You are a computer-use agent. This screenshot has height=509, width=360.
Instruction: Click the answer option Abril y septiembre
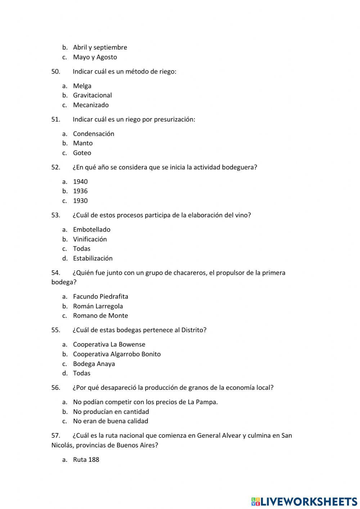tap(100, 47)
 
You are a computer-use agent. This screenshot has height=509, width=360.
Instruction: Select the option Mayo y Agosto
tap(95, 57)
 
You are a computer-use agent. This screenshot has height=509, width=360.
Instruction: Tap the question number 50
tap(56, 71)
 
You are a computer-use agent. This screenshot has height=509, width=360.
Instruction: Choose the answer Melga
tap(82, 86)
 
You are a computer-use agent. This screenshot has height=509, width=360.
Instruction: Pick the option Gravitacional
tap(92, 95)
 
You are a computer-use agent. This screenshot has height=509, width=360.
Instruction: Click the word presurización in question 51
tap(174, 119)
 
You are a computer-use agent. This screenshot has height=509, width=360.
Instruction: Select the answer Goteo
tap(82, 153)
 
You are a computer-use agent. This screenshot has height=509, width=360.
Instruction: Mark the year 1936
tap(80, 191)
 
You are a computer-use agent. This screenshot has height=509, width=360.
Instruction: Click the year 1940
tap(80, 182)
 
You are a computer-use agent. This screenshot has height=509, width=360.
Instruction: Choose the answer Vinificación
tap(90, 239)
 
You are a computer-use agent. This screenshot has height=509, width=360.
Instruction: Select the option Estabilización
tap(93, 258)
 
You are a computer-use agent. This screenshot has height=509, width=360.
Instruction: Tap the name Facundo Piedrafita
tap(100, 296)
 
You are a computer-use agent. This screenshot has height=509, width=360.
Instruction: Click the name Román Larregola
tap(98, 306)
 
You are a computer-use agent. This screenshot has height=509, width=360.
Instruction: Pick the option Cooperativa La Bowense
tap(109, 344)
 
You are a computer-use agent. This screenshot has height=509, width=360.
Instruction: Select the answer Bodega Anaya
tap(94, 363)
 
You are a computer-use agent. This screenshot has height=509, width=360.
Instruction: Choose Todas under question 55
tap(82, 373)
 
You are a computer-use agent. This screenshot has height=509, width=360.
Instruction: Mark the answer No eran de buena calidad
tap(111, 421)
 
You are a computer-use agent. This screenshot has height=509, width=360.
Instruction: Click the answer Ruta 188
tap(86, 459)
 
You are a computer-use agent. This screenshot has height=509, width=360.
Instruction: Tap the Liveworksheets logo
tap(304, 501)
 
